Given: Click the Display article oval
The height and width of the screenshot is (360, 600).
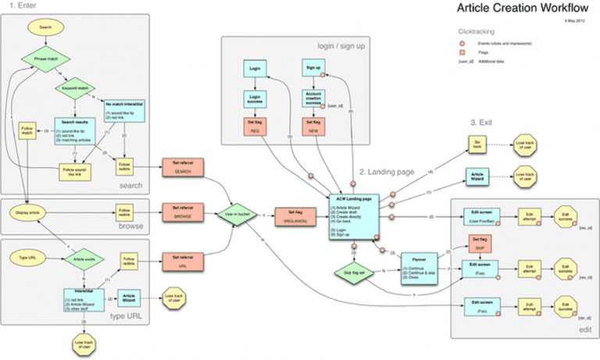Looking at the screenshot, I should point(30,211).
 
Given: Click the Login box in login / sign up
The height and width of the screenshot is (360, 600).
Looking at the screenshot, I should point(255,69).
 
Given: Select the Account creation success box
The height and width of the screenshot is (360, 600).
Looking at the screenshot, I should point(312,98).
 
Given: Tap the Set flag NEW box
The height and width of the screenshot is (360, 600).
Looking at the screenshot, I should point(312,126).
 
